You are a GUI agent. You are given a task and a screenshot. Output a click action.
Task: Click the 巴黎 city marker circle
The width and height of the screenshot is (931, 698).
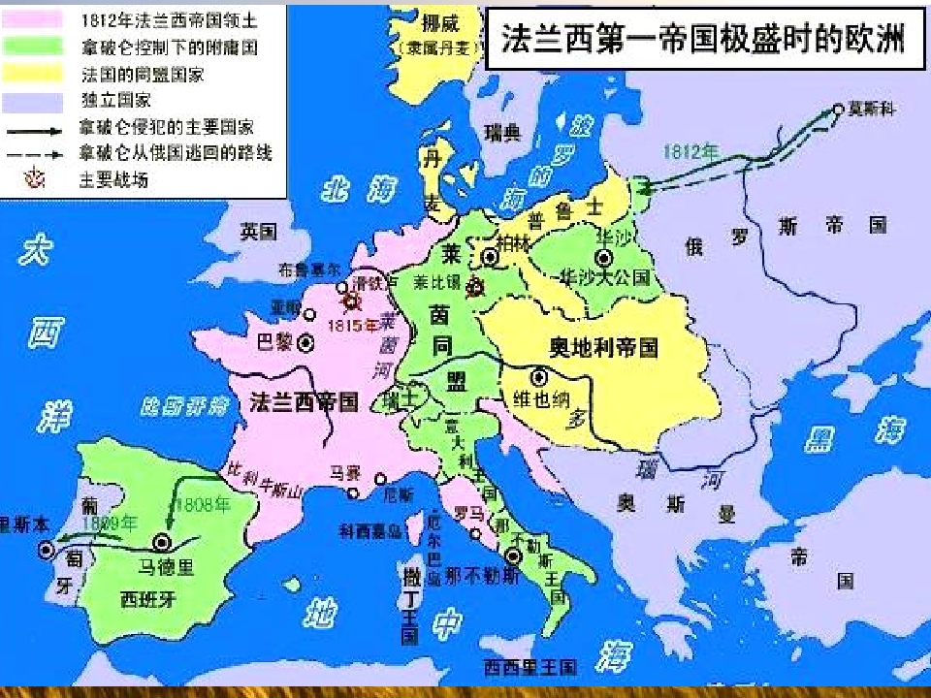point(306,342)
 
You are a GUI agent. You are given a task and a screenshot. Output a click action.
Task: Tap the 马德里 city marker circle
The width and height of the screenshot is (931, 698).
point(161,543)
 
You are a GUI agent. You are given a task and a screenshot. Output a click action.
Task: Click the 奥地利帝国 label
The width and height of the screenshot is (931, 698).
point(603,347)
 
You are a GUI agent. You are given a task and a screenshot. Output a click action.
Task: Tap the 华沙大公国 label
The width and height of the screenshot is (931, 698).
point(604,277)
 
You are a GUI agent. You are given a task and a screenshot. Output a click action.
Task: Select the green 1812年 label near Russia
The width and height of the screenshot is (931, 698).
point(690,152)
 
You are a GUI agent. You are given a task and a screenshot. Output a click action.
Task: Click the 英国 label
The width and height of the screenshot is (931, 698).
point(259,231)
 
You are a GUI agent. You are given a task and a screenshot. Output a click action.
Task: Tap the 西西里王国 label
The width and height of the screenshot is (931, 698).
point(530,667)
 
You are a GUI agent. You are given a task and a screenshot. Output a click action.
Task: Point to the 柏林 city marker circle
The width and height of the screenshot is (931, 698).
point(490,256)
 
